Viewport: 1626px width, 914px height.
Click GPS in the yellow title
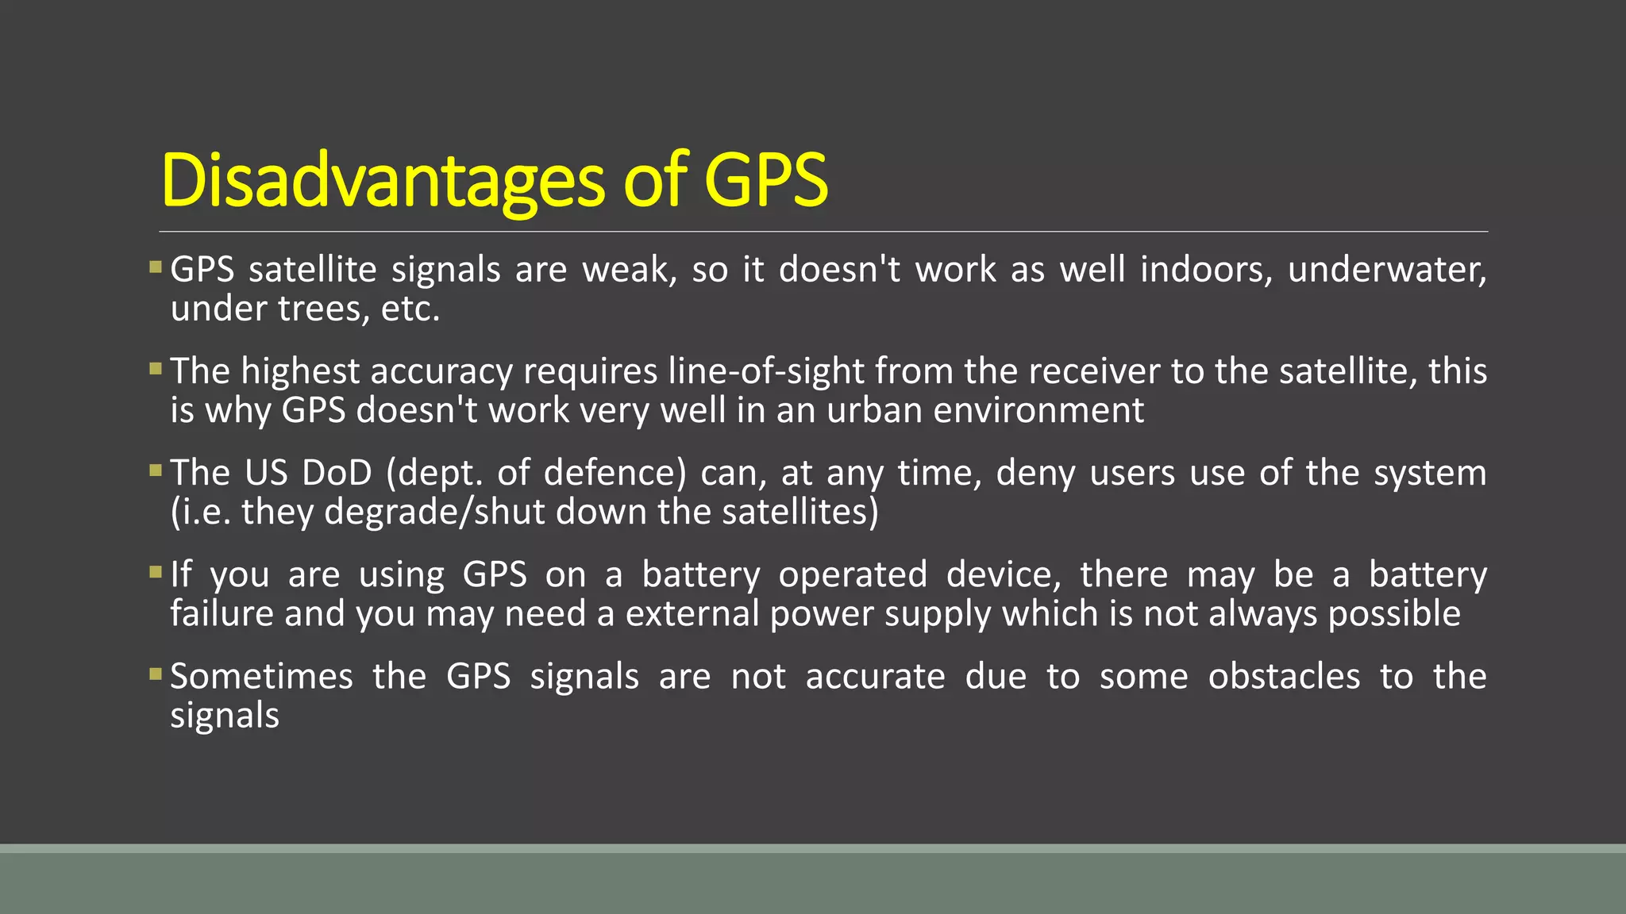point(765,181)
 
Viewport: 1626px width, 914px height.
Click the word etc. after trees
point(410,309)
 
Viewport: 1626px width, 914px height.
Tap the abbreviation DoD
point(337,473)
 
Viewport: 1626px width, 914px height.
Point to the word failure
point(222,613)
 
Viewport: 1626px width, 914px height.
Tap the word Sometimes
point(261,677)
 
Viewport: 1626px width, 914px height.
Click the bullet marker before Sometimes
point(156,674)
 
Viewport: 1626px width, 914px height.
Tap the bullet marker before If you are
point(156,572)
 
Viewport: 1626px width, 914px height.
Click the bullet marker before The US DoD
point(156,470)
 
